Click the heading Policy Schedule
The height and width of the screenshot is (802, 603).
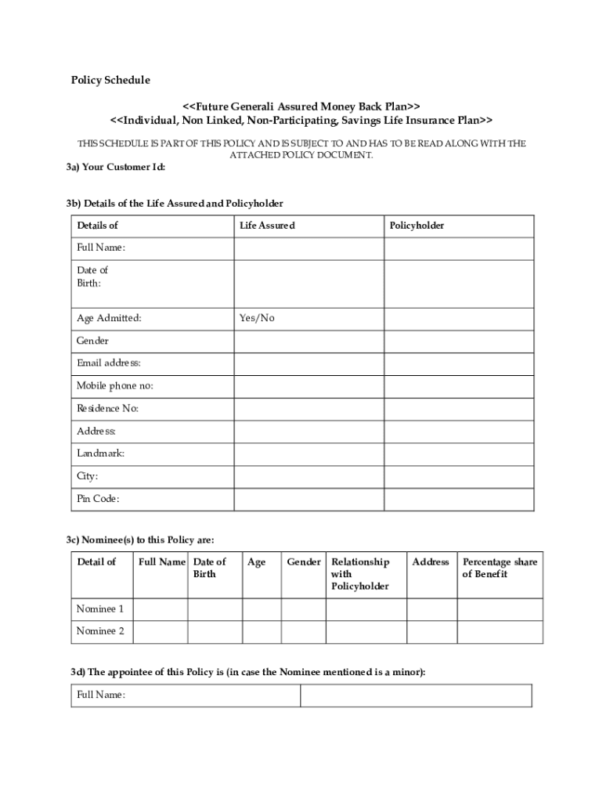(x=110, y=80)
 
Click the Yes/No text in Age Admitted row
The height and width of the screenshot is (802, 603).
(x=257, y=318)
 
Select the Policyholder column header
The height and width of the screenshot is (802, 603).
(x=417, y=226)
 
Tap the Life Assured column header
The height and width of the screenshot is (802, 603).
(x=267, y=226)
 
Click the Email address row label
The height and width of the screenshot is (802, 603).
(x=108, y=363)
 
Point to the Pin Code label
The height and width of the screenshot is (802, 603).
(x=98, y=499)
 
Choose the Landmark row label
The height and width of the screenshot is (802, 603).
(x=100, y=453)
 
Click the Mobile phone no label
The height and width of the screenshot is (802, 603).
(x=114, y=386)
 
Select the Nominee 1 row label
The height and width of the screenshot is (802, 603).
(x=99, y=609)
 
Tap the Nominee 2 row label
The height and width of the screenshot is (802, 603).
(x=99, y=631)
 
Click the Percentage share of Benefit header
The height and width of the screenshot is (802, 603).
(x=500, y=568)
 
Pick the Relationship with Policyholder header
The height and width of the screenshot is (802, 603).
(x=360, y=574)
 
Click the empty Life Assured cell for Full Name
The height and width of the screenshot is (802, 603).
(x=308, y=248)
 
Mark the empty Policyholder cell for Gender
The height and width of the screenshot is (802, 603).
(x=458, y=341)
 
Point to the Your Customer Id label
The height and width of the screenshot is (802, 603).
(x=116, y=168)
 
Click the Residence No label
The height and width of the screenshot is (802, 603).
(x=107, y=409)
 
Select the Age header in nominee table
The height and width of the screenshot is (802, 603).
(x=256, y=562)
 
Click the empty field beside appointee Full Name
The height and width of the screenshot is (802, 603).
(x=416, y=695)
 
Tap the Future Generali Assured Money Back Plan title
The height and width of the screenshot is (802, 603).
(x=301, y=105)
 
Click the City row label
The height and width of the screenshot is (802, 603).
(x=87, y=476)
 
